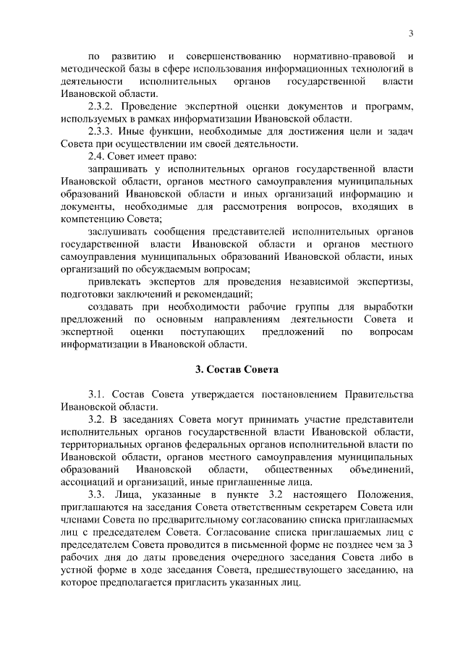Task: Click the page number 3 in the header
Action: tap(411, 33)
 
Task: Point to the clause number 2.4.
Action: tap(98, 156)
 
